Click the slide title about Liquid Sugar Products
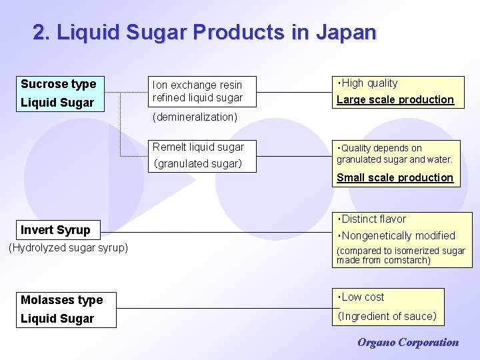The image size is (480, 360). click(205, 33)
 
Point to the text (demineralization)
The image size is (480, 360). click(195, 117)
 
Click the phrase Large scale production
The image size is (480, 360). click(395, 100)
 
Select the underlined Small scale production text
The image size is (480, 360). click(395, 178)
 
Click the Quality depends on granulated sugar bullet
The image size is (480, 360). click(394, 153)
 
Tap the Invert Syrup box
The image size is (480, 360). click(56, 230)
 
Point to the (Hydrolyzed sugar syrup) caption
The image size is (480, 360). click(68, 248)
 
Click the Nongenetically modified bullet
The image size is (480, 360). click(397, 235)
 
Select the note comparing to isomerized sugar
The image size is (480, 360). click(401, 255)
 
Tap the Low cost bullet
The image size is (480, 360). click(361, 297)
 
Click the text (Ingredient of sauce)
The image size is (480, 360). click(387, 316)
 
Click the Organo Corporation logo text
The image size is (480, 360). click(408, 343)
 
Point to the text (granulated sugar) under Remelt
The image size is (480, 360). click(198, 164)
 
